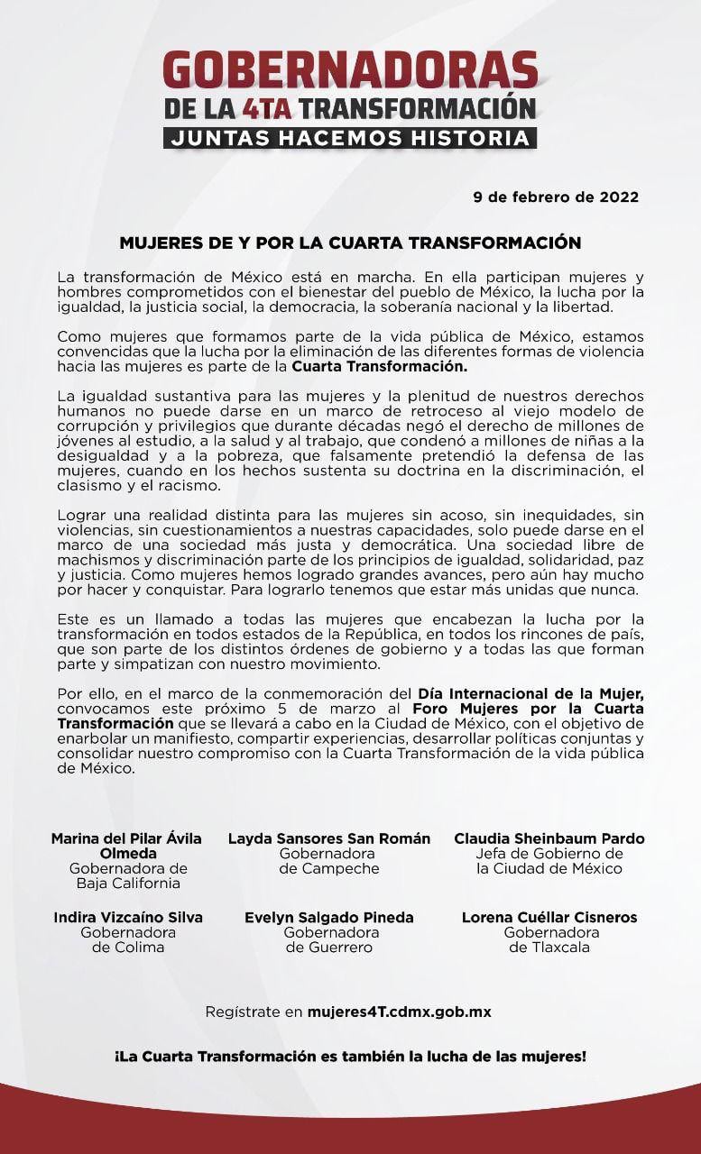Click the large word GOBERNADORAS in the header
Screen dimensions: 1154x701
click(350, 71)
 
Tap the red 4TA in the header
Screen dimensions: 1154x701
click(266, 109)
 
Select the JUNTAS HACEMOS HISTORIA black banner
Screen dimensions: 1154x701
click(350, 138)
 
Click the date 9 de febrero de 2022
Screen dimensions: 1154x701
click(556, 197)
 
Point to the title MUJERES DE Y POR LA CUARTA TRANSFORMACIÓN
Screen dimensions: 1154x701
click(350, 243)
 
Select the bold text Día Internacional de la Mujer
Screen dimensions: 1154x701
click(530, 693)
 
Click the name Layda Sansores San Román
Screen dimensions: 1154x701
click(329, 838)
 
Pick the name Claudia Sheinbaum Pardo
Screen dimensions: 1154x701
click(549, 838)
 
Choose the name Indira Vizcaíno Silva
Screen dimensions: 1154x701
click(128, 917)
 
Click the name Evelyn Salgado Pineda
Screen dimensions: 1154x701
click(329, 917)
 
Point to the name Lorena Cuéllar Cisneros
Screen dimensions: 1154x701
click(549, 917)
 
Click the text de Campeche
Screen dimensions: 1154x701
click(329, 869)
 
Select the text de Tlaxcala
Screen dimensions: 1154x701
click(549, 948)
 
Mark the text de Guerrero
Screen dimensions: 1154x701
click(329, 948)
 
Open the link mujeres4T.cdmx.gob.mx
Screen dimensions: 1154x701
click(399, 1012)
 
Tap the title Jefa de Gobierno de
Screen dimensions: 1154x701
click(549, 854)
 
